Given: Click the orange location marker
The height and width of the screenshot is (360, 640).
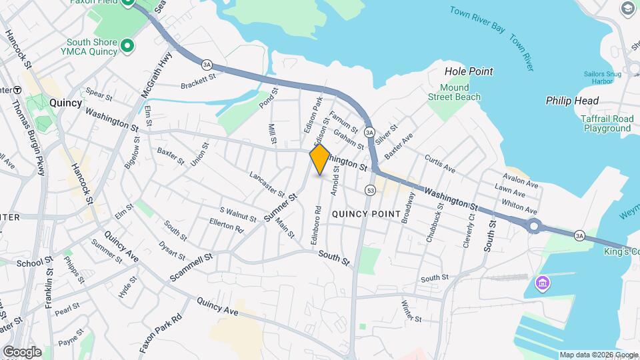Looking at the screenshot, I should [320, 159].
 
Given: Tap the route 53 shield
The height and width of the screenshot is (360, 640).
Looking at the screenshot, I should [369, 191].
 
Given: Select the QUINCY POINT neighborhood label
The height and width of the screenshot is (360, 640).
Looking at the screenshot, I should [366, 214].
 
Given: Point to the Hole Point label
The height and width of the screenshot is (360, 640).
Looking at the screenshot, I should [469, 71].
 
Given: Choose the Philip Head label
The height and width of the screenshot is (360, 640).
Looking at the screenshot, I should [572, 101].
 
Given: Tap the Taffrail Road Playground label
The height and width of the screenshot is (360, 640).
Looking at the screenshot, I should [605, 123].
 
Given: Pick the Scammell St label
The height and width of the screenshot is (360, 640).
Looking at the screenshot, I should [191, 267].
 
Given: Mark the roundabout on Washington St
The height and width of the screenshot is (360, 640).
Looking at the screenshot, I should [533, 226].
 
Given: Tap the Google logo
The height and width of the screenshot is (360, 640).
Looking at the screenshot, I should [22, 351].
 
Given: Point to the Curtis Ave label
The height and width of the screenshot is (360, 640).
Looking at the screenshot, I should [440, 164].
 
